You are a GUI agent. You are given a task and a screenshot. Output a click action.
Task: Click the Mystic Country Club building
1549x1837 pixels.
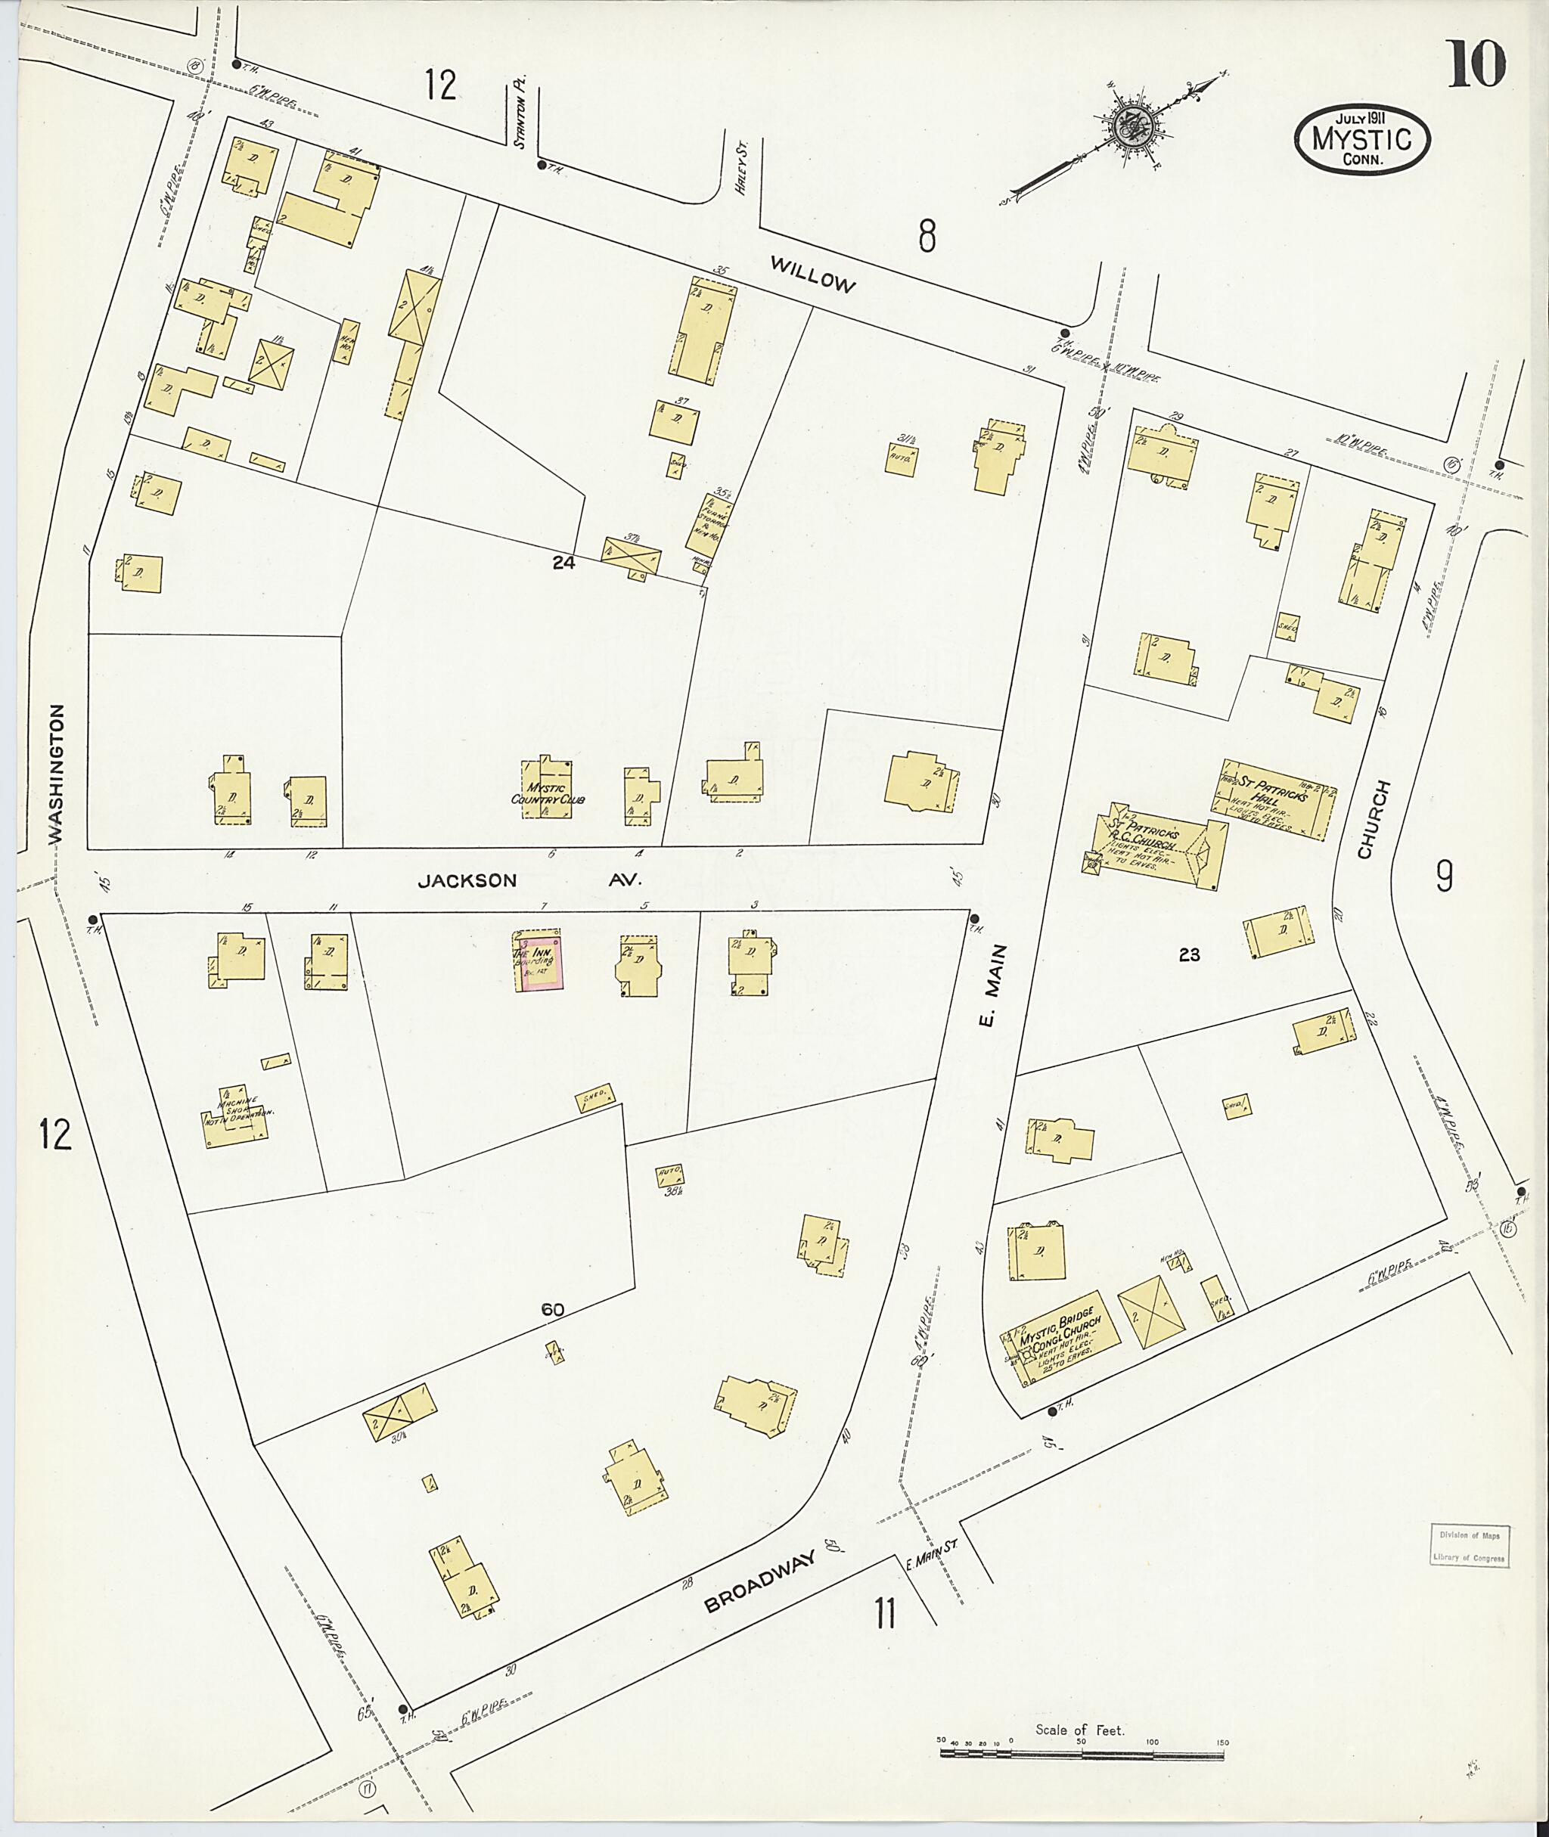click(547, 790)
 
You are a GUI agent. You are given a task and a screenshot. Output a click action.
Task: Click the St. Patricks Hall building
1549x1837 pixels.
click(1275, 799)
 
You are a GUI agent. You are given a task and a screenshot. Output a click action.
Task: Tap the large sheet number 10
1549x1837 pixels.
click(1476, 65)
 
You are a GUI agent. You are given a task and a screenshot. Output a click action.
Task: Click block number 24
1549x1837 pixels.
click(563, 563)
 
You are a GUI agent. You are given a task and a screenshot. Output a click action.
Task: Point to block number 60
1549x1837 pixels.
click(551, 1309)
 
